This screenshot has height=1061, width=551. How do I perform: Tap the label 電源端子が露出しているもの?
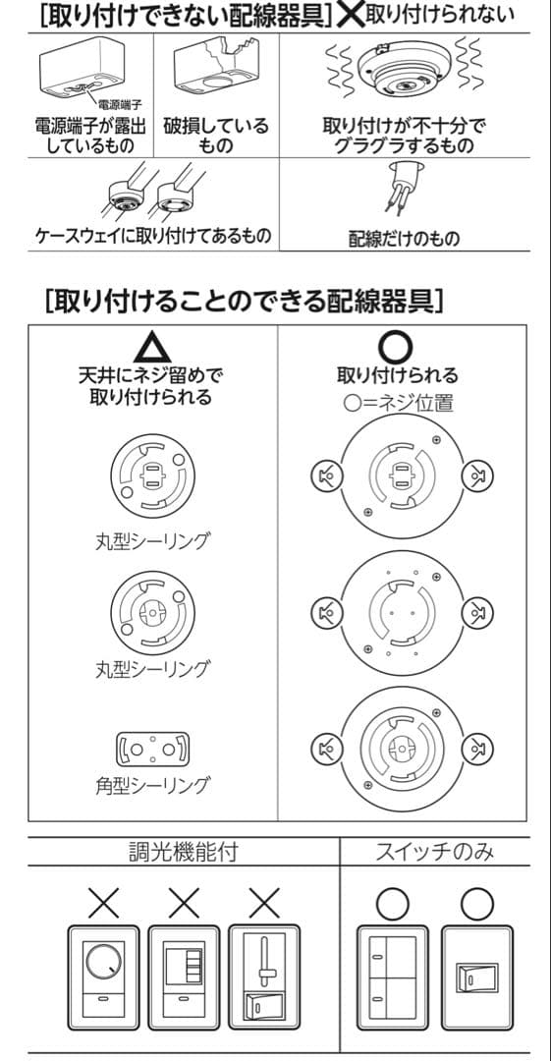click(x=90, y=137)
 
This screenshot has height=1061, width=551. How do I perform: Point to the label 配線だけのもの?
click(x=404, y=238)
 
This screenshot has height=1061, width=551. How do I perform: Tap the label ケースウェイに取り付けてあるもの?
click(x=153, y=237)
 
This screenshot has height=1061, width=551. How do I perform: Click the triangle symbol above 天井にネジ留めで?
click(x=151, y=349)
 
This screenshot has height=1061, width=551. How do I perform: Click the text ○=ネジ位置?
click(x=397, y=403)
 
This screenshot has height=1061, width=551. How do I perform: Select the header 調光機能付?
click(x=183, y=851)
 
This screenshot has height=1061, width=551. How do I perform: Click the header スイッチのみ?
click(x=435, y=851)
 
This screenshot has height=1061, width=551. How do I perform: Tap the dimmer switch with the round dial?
click(x=103, y=968)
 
